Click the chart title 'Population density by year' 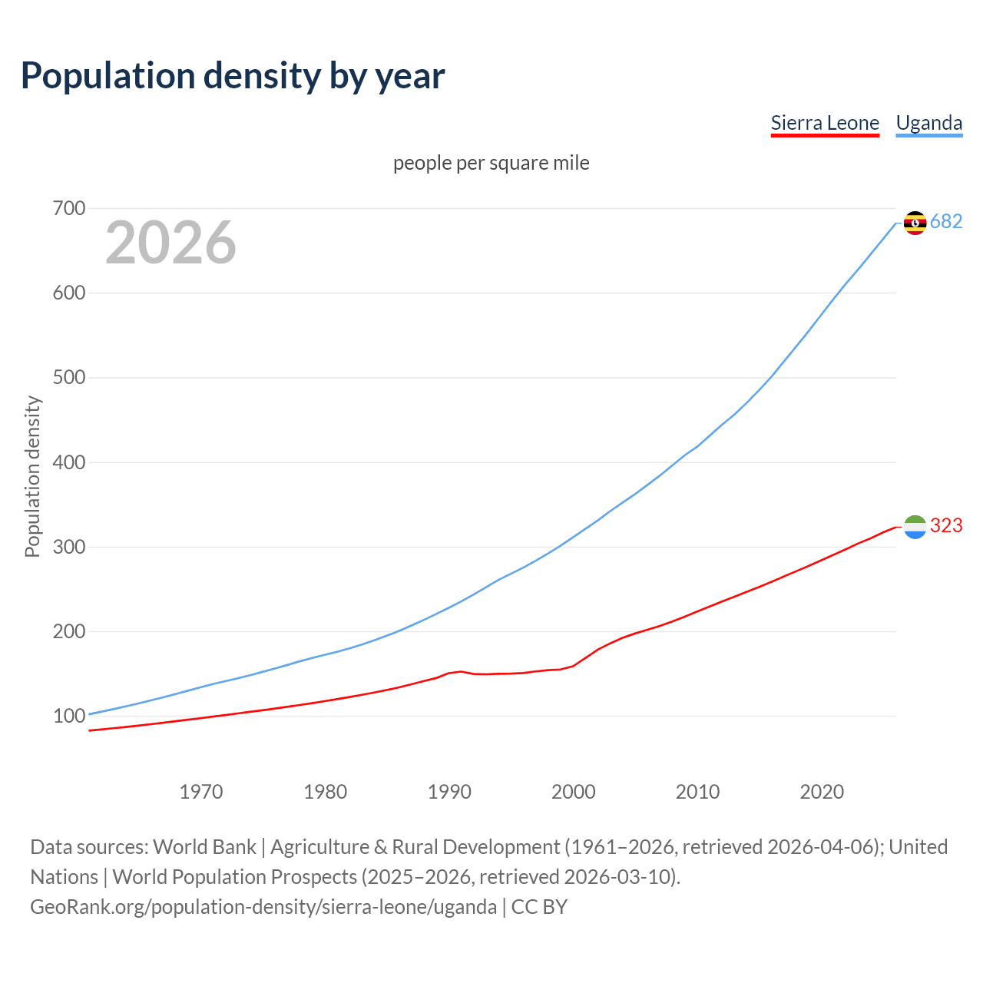pyautogui.click(x=233, y=76)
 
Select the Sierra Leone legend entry pyautogui.click(x=825, y=123)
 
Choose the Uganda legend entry pyautogui.click(x=928, y=123)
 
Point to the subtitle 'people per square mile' pyautogui.click(x=491, y=164)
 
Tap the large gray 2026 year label pyautogui.click(x=170, y=243)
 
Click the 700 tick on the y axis pyautogui.click(x=69, y=209)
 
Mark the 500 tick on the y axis pyautogui.click(x=69, y=378)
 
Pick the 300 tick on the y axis pyautogui.click(x=69, y=548)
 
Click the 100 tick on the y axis pyautogui.click(x=69, y=717)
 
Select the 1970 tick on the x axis pyautogui.click(x=201, y=792)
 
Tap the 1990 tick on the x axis pyautogui.click(x=449, y=792)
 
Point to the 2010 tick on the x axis pyautogui.click(x=697, y=792)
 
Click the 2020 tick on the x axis pyautogui.click(x=822, y=792)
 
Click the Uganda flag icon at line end pyautogui.click(x=915, y=223)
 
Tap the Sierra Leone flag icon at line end pyautogui.click(x=915, y=527)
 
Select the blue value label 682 pyautogui.click(x=946, y=222)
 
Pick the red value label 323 pyautogui.click(x=946, y=526)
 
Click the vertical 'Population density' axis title pyautogui.click(x=32, y=476)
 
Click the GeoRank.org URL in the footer pyautogui.click(x=263, y=907)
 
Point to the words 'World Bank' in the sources pyautogui.click(x=204, y=847)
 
